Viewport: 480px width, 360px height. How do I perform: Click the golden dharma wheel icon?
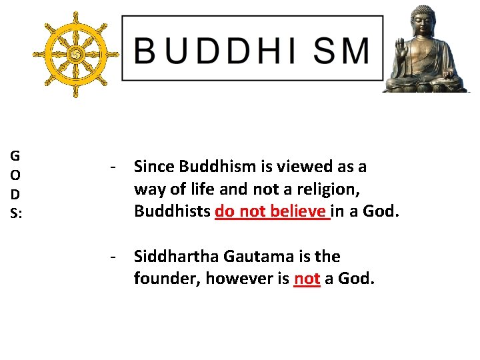[75, 52]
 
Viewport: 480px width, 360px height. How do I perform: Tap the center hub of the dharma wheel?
[75, 52]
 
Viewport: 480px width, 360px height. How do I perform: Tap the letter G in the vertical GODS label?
[15, 157]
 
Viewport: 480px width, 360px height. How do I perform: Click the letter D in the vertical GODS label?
[15, 195]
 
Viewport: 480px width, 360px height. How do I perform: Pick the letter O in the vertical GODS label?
[15, 175]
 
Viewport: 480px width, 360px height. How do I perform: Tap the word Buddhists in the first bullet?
[173, 211]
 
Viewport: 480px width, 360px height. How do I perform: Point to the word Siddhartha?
[175, 257]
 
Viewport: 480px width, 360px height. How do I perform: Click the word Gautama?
[256, 257]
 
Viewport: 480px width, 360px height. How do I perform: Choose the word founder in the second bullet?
[165, 279]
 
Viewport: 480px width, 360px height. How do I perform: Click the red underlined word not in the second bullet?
[307, 279]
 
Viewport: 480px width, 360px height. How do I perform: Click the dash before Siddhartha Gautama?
[115, 257]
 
